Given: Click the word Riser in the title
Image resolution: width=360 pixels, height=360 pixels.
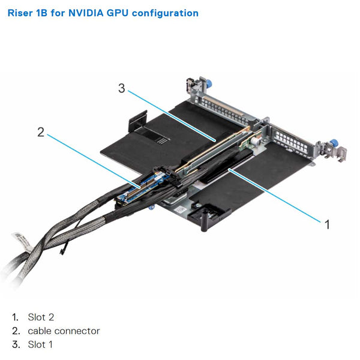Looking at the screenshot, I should click(19, 13).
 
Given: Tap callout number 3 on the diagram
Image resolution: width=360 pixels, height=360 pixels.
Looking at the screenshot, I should click(121, 89).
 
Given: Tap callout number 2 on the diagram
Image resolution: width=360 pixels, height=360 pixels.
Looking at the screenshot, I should click(41, 132).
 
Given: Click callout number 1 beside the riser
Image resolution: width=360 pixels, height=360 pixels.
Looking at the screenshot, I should click(327, 224).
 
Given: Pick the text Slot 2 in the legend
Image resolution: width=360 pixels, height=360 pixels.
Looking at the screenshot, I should click(40, 317).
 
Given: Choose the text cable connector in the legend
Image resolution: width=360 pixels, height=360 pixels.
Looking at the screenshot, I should click(64, 331).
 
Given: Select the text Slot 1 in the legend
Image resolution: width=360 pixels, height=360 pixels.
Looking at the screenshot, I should click(40, 344).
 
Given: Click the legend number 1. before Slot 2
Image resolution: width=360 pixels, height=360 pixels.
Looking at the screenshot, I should click(14, 317).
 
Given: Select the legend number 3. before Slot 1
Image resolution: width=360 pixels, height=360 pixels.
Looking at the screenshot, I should click(15, 344).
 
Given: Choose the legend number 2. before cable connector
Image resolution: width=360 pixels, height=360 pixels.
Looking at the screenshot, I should click(15, 331).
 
